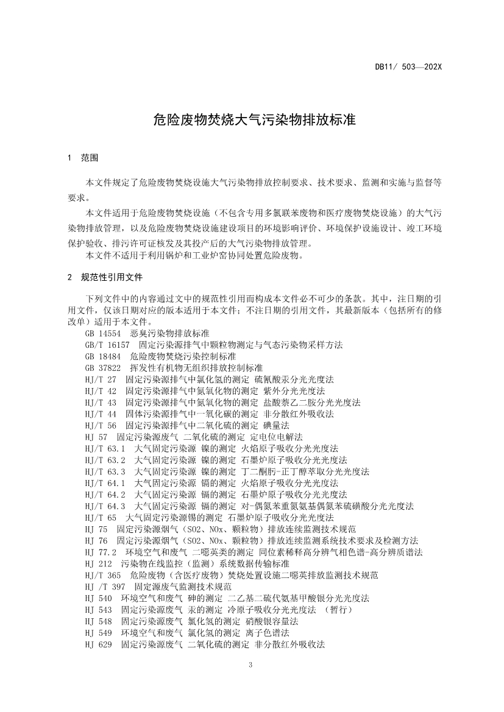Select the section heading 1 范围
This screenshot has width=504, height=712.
coord(84,158)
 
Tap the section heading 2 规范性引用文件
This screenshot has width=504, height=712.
coord(105,277)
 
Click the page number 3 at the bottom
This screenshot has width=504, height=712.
coord(250,664)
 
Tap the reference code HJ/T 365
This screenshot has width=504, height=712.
coord(103,575)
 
